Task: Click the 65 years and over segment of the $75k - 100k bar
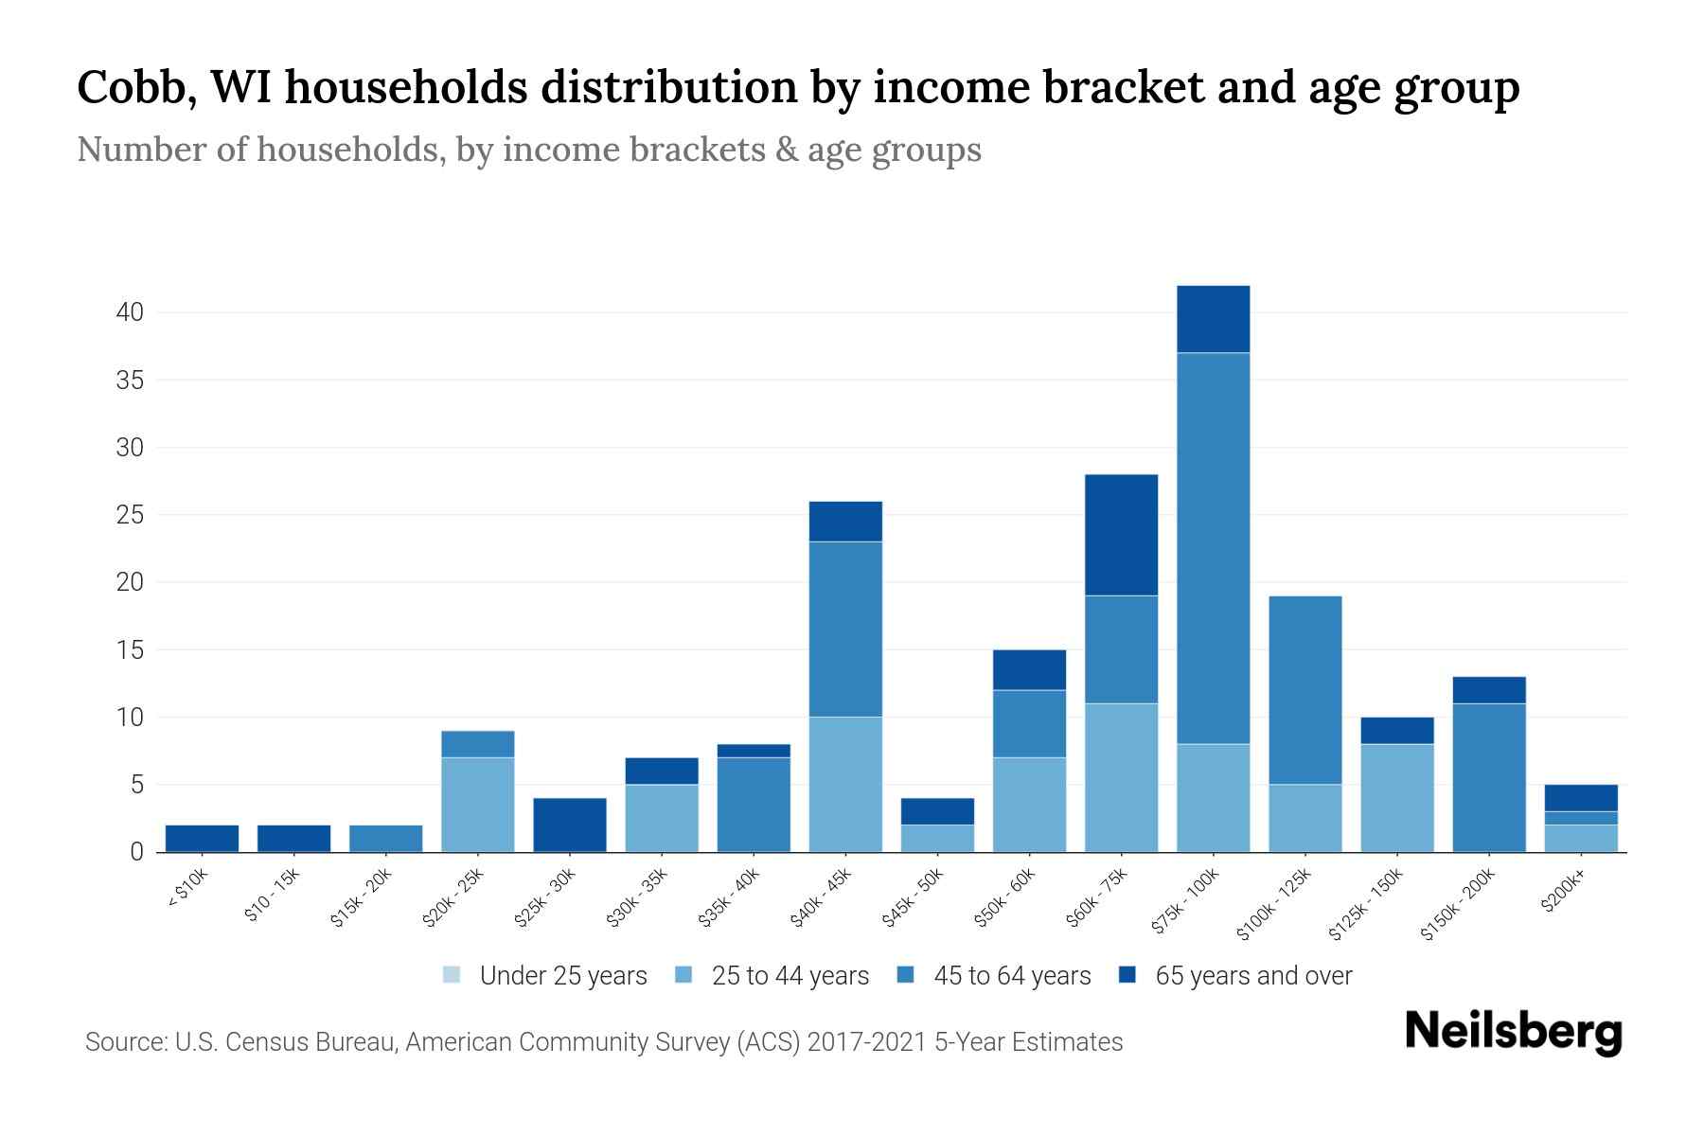pos(1213,319)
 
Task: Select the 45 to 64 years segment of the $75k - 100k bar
pos(1213,548)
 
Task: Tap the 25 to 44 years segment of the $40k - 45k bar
pos(845,784)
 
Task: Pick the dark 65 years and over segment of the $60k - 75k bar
pos(1121,535)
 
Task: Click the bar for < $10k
pos(202,839)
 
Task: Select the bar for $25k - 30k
pos(570,825)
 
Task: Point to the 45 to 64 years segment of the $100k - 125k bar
pos(1305,690)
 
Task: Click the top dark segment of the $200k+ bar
pos(1580,798)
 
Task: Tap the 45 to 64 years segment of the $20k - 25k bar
pos(478,744)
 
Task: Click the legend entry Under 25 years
pos(562,976)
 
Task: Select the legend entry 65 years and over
pos(1252,976)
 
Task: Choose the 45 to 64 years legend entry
pos(1011,976)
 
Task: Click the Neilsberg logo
pos(1513,1032)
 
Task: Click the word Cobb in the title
pos(130,88)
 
